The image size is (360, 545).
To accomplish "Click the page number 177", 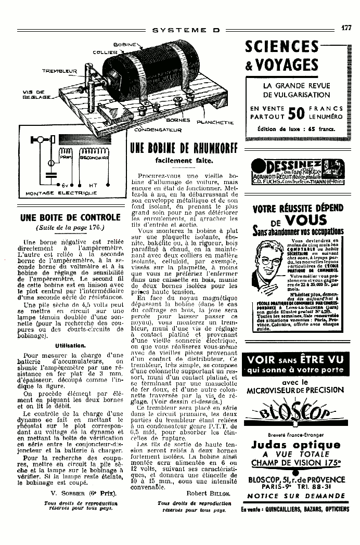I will [346, 29].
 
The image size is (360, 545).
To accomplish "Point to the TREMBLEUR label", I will [59, 71].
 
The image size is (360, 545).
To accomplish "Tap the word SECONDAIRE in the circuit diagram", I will [94, 157].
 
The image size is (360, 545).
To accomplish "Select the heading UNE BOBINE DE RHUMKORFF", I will [183, 149].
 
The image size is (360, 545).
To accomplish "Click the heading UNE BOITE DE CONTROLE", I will [70, 217].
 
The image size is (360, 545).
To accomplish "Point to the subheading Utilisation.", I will [70, 345].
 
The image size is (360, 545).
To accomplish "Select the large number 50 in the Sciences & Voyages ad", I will [295, 113].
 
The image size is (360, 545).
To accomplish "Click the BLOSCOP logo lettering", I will [296, 414].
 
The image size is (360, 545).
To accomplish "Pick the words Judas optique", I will [295, 445].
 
